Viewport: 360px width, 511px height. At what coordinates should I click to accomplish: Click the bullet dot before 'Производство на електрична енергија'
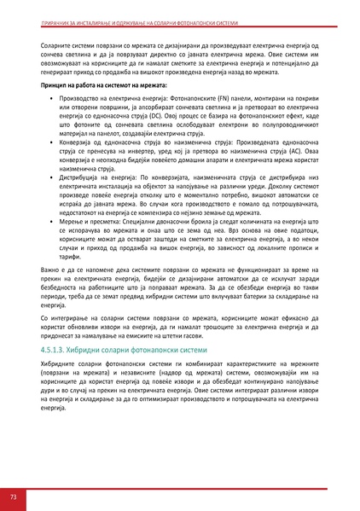pyautogui.click(x=53, y=100)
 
